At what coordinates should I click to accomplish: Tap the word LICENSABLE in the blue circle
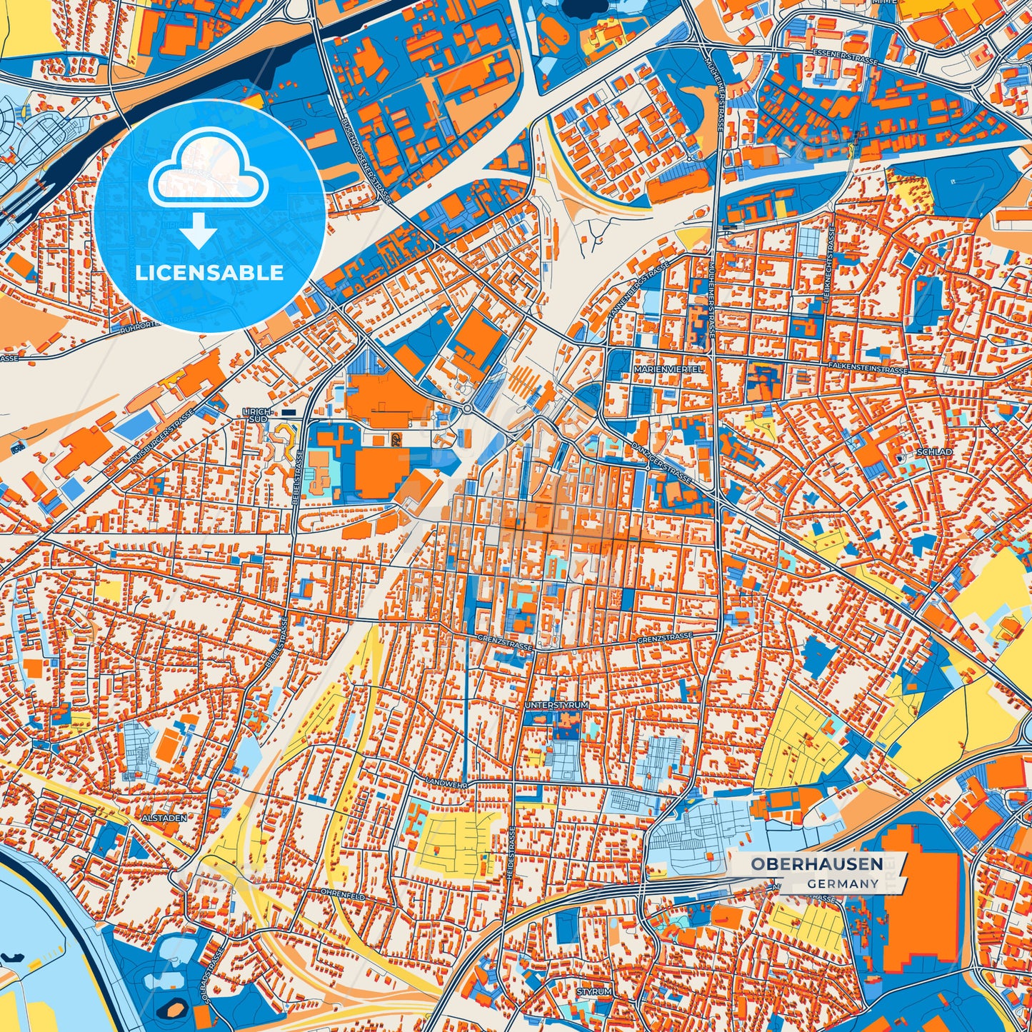pos(209,273)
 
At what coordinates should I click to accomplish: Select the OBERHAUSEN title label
pos(816,864)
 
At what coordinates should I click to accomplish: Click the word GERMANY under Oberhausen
pos(843,884)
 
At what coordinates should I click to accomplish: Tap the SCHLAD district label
pos(934,453)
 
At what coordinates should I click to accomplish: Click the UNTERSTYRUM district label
pos(556,705)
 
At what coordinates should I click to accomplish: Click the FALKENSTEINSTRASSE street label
pos(864,368)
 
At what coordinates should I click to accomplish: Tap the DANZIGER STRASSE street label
pos(661,464)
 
